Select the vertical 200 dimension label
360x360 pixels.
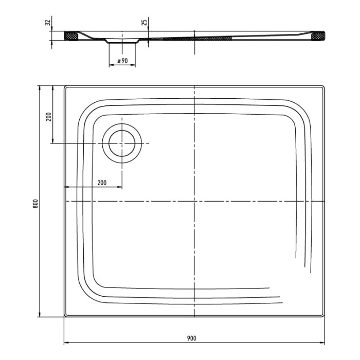coord(48,116)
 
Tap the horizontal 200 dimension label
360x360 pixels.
coord(101,183)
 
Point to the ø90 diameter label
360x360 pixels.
coord(122,61)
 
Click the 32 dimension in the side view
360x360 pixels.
coord(47,23)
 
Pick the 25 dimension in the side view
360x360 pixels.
coord(145,23)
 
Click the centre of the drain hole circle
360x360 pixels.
coord(122,143)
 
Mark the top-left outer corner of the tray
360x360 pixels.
coord(64,86)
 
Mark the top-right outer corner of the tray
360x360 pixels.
coord(325,86)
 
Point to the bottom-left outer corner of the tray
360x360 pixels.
coord(64,317)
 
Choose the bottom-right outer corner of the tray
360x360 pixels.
coord(325,317)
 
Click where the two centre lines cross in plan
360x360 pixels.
coord(194,201)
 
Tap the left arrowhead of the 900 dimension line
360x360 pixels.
coord(66,343)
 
